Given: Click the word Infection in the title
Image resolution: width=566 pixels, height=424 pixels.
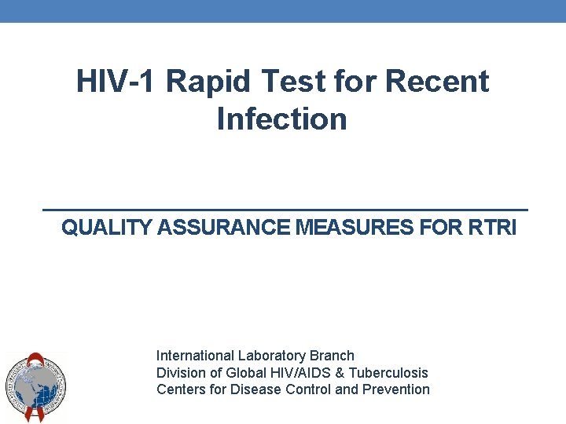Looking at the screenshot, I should (281, 119).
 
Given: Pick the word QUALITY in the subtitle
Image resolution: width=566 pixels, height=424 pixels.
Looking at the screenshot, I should (108, 228).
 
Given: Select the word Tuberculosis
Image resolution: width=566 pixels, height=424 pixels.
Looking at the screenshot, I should (388, 372).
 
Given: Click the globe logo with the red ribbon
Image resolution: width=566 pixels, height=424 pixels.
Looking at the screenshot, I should (35, 386).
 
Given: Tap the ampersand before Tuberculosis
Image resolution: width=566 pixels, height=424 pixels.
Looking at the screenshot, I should (340, 372).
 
